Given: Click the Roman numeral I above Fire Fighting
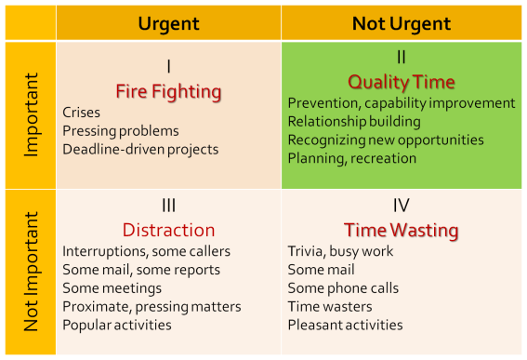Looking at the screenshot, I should (168, 67).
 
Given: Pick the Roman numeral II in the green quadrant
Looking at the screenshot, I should (401, 58).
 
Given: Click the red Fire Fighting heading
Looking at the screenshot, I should (168, 91).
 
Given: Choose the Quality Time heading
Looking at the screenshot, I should (401, 82).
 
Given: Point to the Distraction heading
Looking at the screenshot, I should (168, 230).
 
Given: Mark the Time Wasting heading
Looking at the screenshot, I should (401, 230).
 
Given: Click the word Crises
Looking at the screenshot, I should (82, 113).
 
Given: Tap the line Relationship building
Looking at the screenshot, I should (354, 121).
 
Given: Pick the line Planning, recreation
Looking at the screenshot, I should (352, 158).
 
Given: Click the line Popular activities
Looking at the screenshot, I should (117, 325).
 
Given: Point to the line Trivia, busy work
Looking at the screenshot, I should (341, 251).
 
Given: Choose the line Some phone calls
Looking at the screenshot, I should (343, 287).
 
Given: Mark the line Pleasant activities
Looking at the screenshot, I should (346, 325).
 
